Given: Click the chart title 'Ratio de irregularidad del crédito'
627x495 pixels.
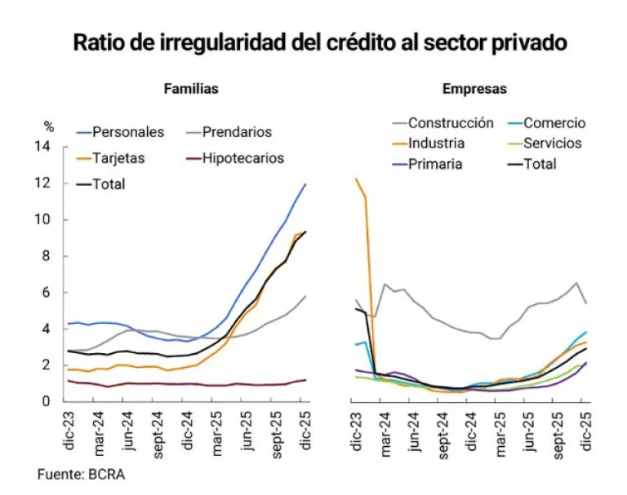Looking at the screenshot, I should tap(319, 42).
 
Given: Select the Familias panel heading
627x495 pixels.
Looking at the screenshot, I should tap(191, 89).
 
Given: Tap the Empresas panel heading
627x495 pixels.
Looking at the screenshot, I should tap(474, 89).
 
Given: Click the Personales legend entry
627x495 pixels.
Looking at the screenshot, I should tap(128, 131).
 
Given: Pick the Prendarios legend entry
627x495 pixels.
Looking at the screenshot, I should tap(237, 131).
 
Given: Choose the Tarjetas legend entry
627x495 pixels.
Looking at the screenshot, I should tap(118, 158).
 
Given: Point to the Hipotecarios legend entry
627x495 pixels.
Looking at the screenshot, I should tap(243, 158).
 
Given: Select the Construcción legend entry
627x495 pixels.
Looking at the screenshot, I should tap(451, 123).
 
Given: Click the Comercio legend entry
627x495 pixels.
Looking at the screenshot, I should tap(554, 123).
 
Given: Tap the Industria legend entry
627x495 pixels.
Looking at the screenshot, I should tap(436, 144).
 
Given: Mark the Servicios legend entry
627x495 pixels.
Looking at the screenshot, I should tap(553, 144).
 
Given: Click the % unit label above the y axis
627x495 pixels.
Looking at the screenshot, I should tap(49, 127).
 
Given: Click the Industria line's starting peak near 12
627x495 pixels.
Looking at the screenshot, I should tap(356, 179).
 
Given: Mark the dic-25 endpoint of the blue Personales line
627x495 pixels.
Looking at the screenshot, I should tap(305, 184).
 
